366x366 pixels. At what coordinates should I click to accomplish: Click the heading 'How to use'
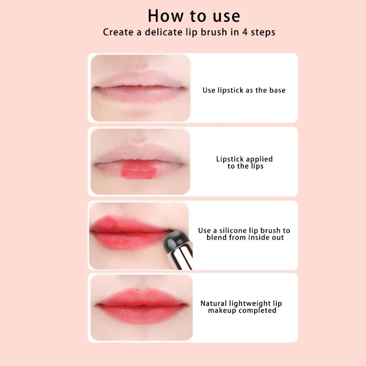pos(194,16)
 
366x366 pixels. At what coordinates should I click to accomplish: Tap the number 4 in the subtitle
pos(245,32)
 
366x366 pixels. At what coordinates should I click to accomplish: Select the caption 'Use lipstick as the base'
pos(244,90)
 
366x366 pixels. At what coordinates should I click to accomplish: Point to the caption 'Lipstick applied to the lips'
pos(244,162)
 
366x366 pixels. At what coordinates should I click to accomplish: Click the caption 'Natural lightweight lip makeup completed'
pos(242,307)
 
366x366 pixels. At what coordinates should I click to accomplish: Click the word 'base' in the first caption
pos(277,90)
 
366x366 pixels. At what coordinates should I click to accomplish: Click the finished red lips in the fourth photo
pos(142,306)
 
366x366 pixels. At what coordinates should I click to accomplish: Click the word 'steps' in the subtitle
pos(263,32)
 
